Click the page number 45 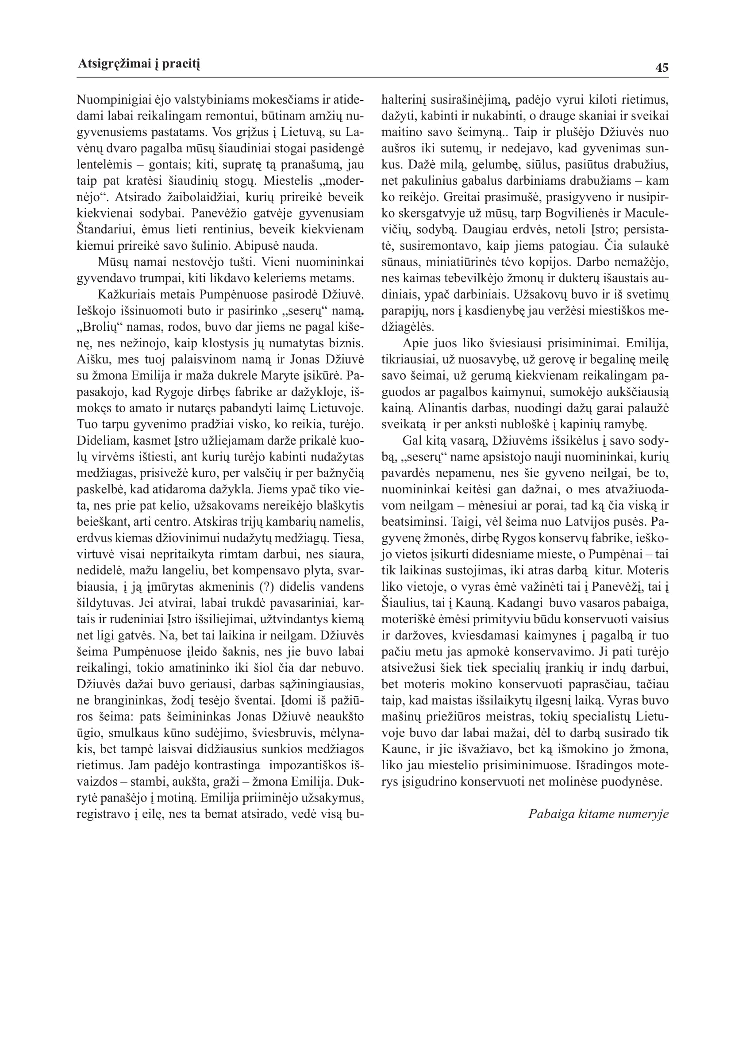662,68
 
